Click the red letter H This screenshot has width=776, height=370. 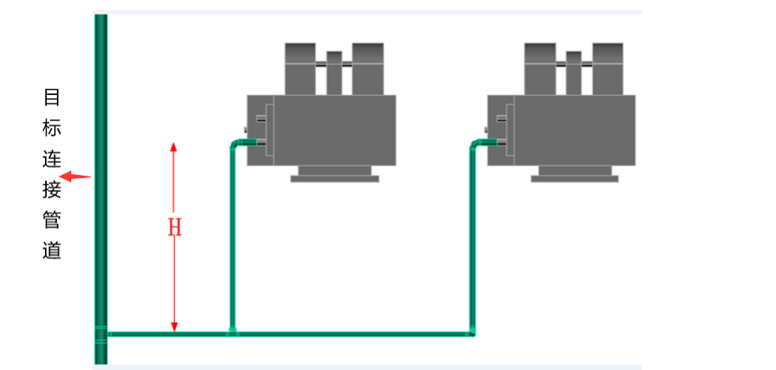[x=174, y=227]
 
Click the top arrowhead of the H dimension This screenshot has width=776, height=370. [x=174, y=147]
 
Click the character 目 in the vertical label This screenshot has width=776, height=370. [x=52, y=97]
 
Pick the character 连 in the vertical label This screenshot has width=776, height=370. [x=52, y=159]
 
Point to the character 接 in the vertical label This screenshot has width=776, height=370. [x=52, y=189]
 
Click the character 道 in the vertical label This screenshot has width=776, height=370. [x=52, y=251]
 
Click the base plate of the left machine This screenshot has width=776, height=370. [x=335, y=177]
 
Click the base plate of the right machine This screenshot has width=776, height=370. [x=575, y=177]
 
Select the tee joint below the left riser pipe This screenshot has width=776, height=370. [x=232, y=333]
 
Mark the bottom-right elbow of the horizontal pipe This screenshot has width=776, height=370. [x=472, y=333]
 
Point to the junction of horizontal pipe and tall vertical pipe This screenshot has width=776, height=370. [x=101, y=334]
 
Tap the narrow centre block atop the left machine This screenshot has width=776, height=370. [x=335, y=71]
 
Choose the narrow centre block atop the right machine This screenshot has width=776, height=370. [x=575, y=71]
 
